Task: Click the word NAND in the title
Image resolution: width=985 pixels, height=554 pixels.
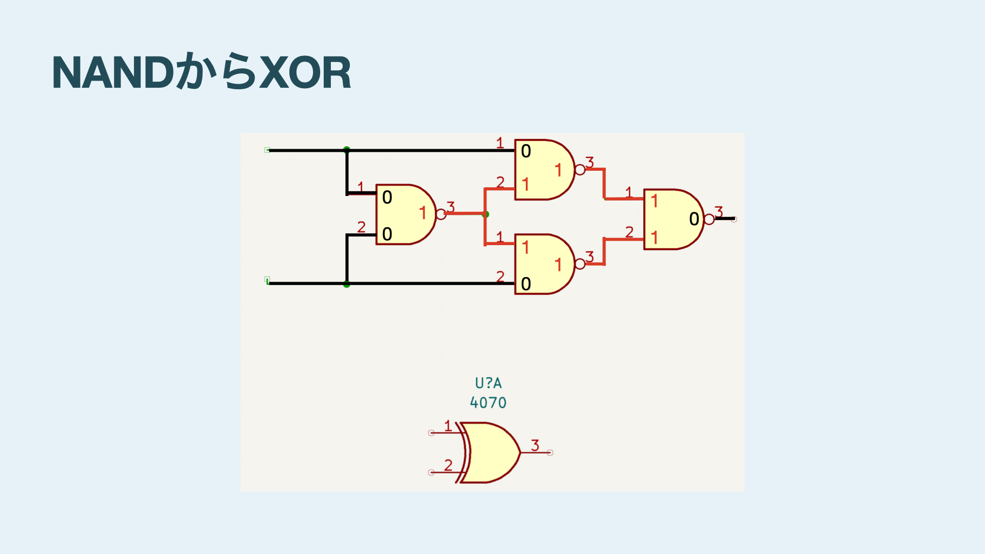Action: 113,73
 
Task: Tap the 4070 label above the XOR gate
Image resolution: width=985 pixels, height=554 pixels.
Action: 488,403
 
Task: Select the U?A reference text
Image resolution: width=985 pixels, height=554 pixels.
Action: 488,383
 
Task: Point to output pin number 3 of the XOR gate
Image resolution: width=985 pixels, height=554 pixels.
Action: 535,445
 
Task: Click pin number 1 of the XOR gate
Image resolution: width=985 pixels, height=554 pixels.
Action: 448,426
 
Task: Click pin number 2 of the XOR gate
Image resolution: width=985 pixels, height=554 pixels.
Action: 448,465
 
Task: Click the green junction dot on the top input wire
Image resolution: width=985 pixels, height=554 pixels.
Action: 347,150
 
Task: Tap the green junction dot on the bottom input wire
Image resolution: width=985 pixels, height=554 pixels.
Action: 347,284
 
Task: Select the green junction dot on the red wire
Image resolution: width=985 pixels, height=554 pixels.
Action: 486,214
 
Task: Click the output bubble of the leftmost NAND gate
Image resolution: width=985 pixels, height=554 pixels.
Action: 441,214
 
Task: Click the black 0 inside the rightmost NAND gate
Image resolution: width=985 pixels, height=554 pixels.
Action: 694,219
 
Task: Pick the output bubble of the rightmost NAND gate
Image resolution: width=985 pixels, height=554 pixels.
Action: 709,220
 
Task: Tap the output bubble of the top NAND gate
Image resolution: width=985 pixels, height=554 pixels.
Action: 580,170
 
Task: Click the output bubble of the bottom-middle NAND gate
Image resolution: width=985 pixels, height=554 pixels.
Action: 580,264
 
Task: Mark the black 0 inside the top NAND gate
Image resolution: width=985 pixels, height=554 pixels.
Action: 526,151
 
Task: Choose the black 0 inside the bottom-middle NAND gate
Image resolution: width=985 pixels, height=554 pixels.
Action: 526,284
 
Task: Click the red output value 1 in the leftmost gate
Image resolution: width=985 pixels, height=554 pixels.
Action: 423,213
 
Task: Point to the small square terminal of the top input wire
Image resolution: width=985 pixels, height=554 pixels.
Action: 267,150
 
